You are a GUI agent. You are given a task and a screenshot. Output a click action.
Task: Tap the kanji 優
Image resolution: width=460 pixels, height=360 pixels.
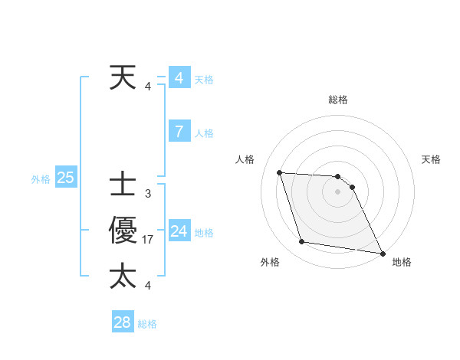coord(123,231)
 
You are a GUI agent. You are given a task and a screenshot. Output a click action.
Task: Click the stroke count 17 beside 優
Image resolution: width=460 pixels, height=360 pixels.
coord(148,240)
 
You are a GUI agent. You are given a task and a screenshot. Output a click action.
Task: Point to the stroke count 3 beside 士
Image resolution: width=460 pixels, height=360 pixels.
coord(148,194)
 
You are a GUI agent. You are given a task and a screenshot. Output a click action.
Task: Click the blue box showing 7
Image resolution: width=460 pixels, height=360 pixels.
coord(179,132)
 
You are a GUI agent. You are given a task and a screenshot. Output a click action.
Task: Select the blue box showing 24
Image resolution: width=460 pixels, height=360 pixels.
coord(179,231)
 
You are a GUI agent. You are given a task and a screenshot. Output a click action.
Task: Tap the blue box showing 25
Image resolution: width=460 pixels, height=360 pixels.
coord(65,178)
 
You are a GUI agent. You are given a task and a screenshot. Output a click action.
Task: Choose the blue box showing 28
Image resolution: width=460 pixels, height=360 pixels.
coord(122,322)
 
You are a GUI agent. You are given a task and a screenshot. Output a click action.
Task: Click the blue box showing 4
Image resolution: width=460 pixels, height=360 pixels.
coord(179,78)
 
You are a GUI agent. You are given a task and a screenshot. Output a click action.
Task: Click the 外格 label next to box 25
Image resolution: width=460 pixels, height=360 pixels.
coord(41,179)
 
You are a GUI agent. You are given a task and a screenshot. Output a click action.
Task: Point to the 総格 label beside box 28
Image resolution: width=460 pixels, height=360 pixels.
coord(147,324)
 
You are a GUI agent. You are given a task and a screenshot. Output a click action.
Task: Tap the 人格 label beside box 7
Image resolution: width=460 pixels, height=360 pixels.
coord(204,133)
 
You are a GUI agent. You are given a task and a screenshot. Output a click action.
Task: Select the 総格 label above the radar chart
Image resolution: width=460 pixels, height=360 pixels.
coord(338,100)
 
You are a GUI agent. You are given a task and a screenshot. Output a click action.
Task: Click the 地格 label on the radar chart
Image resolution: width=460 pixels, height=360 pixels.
coord(402,262)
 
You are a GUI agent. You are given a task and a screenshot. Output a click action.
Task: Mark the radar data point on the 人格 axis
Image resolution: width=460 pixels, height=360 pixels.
coord(279,172)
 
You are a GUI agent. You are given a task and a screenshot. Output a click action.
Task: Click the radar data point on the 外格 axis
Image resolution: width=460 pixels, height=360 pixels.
coord(302,242)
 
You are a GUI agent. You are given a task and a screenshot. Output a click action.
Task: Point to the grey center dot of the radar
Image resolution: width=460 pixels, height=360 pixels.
coord(338,192)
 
